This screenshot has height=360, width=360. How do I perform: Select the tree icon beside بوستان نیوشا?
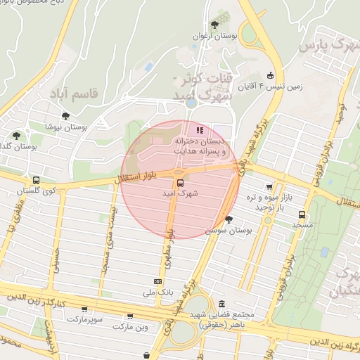pos(65,116)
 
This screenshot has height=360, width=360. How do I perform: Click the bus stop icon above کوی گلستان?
pos(36,181)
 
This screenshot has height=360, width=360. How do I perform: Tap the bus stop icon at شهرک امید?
pos(180,181)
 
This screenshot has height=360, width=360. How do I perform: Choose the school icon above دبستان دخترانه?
pos(200,130)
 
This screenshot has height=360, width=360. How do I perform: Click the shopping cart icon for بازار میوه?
pos(269,187)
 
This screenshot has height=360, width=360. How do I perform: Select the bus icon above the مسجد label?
pos(302,214)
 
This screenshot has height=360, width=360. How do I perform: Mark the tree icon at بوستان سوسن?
pos(229,219)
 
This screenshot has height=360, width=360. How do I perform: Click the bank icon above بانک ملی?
pos(157,281)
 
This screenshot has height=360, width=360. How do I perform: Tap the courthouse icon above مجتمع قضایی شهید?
pos(222,304)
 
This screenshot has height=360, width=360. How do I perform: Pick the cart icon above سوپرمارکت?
pos(84,308)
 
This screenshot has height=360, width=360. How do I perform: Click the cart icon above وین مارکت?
pos(129,316)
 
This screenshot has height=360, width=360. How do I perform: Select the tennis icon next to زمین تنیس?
pos(270,76)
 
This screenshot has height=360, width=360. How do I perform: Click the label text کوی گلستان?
pos(38,191)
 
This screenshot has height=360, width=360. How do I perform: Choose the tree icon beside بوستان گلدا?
pos(17,136)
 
